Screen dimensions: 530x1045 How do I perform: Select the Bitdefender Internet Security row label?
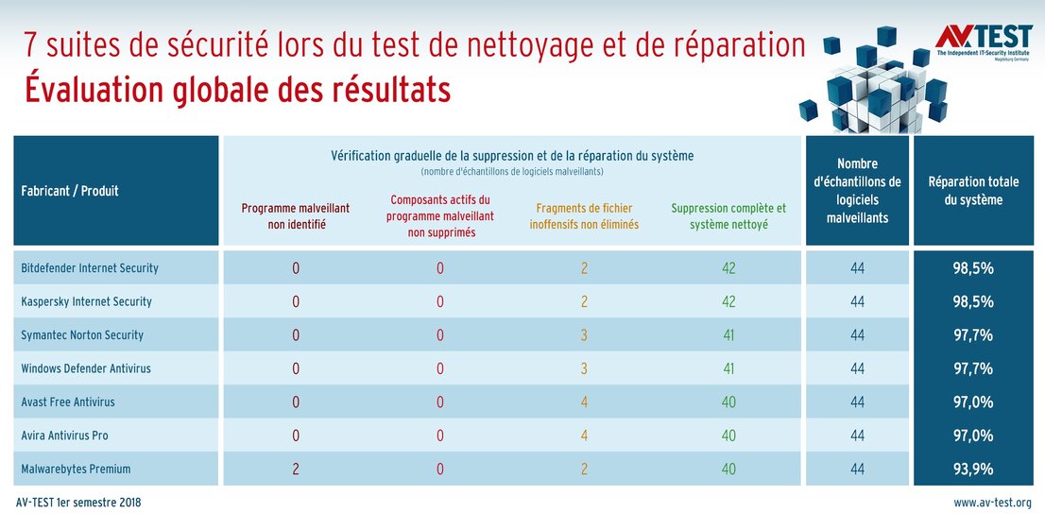(x=90, y=268)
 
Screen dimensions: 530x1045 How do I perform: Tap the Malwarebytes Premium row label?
(x=76, y=469)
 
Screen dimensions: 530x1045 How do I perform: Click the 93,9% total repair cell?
(x=972, y=469)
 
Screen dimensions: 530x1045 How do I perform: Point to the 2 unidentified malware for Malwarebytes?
(x=296, y=469)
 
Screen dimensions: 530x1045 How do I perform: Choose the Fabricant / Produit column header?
(x=70, y=191)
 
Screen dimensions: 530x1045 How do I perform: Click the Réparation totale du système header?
(x=972, y=191)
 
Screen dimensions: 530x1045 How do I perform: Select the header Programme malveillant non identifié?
(x=296, y=215)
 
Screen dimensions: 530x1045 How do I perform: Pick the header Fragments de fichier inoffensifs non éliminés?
(x=584, y=215)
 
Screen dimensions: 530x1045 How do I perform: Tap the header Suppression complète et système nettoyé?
(x=728, y=215)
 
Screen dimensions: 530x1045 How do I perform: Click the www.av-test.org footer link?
(x=991, y=504)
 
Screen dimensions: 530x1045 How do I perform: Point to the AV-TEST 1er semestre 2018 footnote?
(x=78, y=504)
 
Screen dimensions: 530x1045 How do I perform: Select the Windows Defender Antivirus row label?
(x=86, y=368)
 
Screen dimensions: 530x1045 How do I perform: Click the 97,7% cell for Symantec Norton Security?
(x=972, y=335)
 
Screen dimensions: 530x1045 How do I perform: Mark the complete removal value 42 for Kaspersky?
(x=728, y=302)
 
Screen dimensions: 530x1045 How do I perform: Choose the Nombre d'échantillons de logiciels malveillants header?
(x=857, y=191)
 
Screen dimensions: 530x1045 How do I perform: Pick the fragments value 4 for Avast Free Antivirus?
(x=584, y=402)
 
